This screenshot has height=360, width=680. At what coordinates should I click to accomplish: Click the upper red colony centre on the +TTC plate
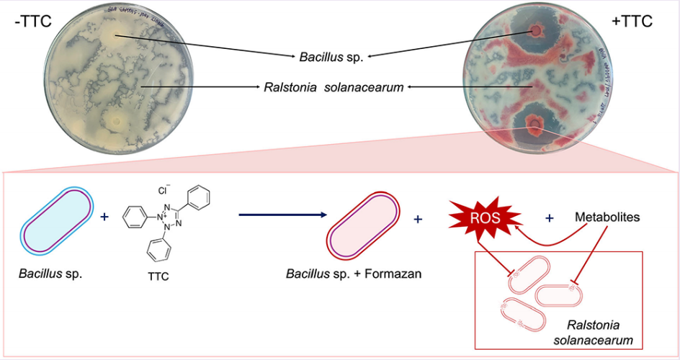pos(537,31)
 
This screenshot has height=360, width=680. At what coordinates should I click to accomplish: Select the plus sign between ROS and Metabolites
pos(550,217)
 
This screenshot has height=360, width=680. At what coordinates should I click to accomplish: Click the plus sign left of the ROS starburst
pos(419,217)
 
